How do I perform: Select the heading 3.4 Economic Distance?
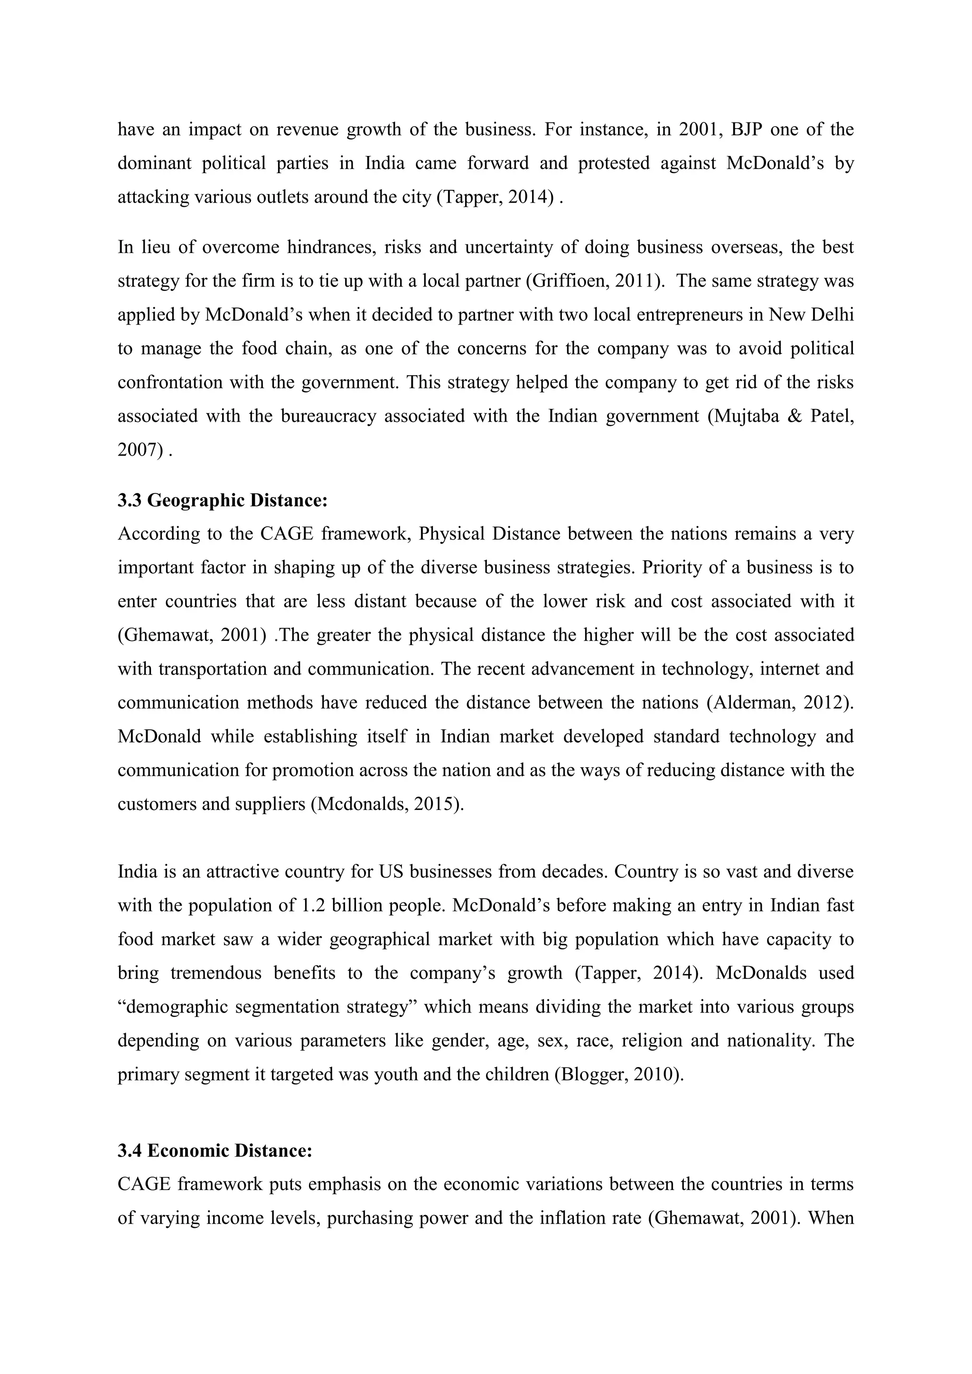point(215,1151)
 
